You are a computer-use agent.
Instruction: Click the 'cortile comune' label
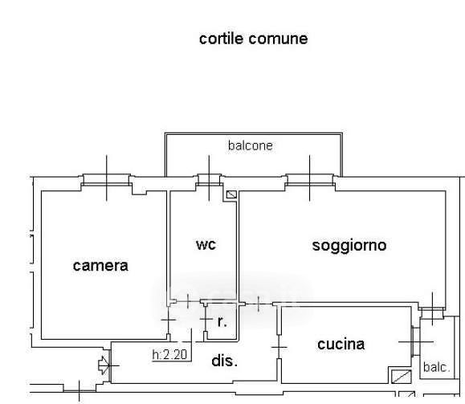click(x=253, y=39)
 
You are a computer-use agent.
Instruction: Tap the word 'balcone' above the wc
click(x=251, y=145)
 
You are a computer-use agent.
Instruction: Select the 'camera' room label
click(x=100, y=266)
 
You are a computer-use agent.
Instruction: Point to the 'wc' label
click(x=206, y=245)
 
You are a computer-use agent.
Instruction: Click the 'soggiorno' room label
click(x=349, y=246)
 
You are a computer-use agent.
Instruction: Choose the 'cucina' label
click(x=341, y=345)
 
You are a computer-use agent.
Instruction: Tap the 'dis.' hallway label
click(x=225, y=361)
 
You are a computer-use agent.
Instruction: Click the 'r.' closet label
click(x=222, y=322)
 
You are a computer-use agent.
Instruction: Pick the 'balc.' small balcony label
click(x=437, y=367)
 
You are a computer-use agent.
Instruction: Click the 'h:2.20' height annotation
click(x=169, y=354)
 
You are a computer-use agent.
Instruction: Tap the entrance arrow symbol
click(x=104, y=365)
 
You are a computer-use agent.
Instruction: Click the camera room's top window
click(x=107, y=180)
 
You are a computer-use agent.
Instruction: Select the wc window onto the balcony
click(x=209, y=180)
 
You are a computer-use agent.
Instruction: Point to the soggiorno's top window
click(x=310, y=180)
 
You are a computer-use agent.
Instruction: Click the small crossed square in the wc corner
click(x=231, y=194)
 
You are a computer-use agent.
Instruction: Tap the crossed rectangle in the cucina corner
click(x=401, y=377)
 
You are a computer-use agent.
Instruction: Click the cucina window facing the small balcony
click(x=415, y=341)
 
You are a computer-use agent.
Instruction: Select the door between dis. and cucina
click(x=279, y=347)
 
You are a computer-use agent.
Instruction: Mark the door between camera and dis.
click(x=168, y=320)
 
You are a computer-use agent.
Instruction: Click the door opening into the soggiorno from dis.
click(x=259, y=304)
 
